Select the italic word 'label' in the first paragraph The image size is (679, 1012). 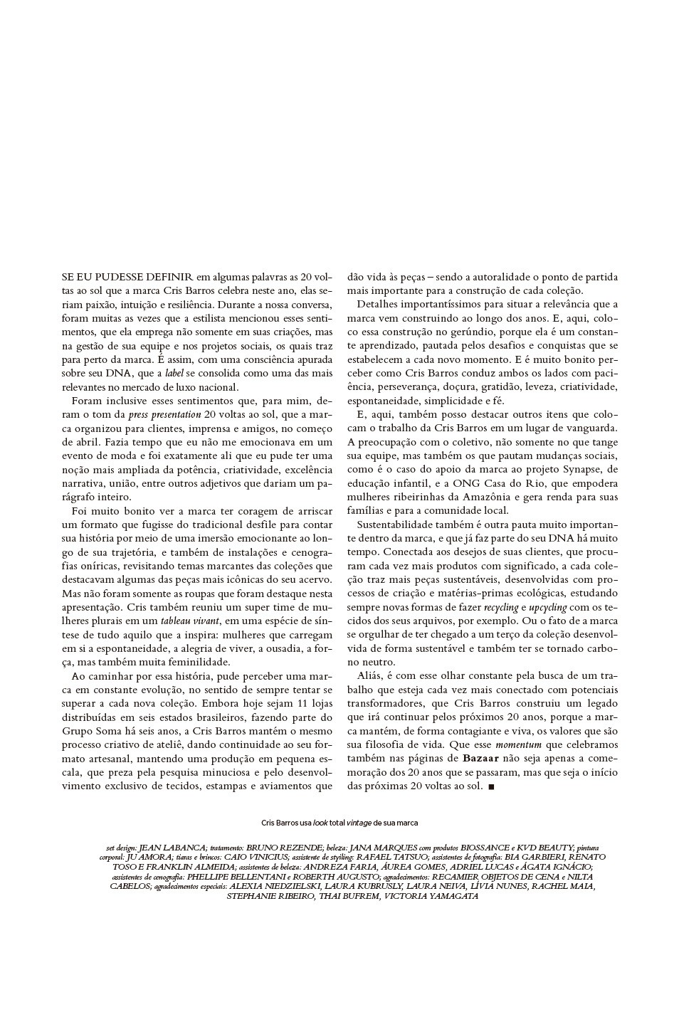pos(174,373)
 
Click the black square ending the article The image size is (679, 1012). pos(492,786)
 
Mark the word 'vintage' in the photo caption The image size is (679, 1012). pos(359,823)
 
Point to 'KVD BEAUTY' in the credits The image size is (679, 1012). pos(542,848)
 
